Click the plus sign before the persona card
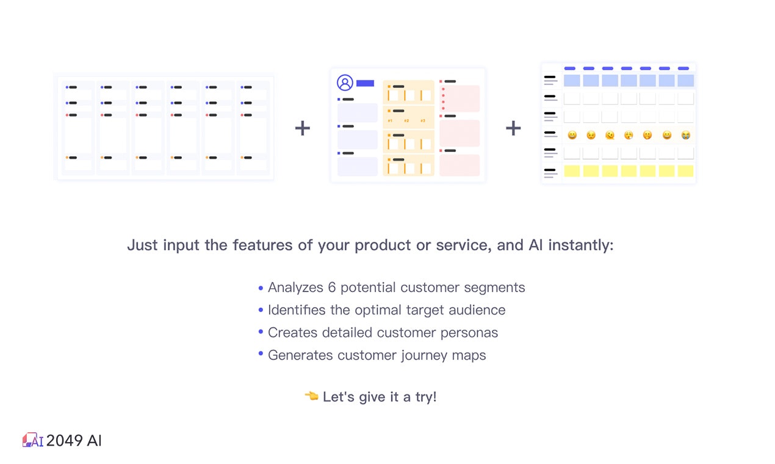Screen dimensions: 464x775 (x=303, y=128)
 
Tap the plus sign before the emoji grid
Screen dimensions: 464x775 (x=513, y=128)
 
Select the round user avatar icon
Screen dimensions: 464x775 (x=345, y=83)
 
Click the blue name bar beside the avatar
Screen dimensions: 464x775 (x=365, y=84)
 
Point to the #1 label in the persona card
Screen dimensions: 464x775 (x=390, y=121)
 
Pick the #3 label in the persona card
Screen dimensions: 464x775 (x=422, y=121)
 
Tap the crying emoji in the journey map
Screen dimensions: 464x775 (x=686, y=135)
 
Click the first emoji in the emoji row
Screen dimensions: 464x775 (x=572, y=135)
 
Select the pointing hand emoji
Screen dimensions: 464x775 (x=311, y=397)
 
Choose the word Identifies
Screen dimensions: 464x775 (x=296, y=310)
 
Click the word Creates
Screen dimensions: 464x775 (x=290, y=333)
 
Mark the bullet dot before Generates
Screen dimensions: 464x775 (x=261, y=354)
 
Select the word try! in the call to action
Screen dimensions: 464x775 (x=423, y=397)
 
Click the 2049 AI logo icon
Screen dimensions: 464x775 (x=32, y=440)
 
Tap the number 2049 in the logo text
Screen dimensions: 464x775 (x=64, y=440)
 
